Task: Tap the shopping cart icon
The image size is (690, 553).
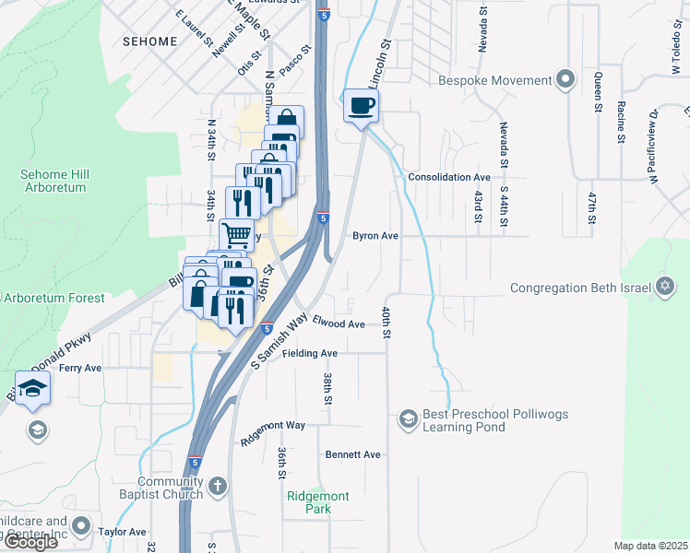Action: pos(236,234)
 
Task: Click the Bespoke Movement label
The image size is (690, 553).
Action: pos(495,80)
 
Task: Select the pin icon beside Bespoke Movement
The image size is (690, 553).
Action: pos(565,79)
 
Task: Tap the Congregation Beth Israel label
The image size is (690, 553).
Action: pos(582,288)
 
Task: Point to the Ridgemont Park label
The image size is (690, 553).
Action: pos(318,502)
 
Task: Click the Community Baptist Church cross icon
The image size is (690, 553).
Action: pos(217,486)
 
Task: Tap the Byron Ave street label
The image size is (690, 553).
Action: pos(375,236)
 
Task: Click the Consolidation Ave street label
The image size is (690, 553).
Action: pos(449,176)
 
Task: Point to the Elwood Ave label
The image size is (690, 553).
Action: pos(339,324)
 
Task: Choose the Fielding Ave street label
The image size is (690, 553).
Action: pos(310,353)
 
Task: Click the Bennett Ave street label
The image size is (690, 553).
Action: pos(352,454)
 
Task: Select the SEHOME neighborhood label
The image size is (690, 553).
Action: pos(149,41)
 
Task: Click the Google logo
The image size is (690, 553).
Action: pos(30,541)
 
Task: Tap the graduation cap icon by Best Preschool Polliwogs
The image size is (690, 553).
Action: pos(407,420)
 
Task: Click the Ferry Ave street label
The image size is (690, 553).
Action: pos(80,368)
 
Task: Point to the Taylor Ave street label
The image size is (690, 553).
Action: pos(123,532)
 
